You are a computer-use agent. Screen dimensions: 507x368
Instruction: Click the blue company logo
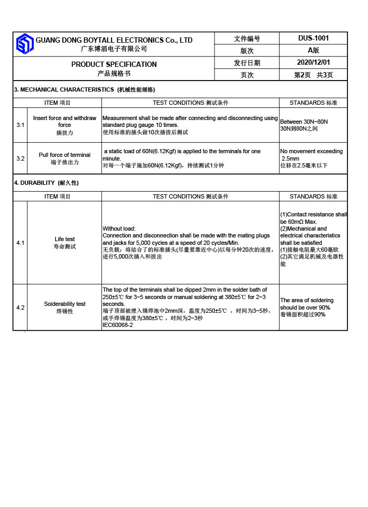click(24, 44)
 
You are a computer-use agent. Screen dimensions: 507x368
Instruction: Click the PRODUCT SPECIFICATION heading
click(114, 65)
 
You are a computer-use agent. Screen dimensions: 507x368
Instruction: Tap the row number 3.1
click(20, 125)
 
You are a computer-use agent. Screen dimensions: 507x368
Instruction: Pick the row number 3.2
click(20, 158)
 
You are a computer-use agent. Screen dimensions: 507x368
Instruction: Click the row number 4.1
click(20, 243)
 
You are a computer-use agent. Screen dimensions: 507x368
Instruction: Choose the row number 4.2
click(20, 307)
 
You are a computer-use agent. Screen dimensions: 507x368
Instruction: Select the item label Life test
click(65, 240)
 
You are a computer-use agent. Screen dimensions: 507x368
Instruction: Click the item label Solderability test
click(65, 304)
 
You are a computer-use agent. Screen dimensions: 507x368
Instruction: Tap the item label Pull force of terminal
click(65, 155)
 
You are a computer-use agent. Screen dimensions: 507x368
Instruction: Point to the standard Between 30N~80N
click(304, 122)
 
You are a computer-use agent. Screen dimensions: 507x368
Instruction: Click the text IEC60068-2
click(118, 325)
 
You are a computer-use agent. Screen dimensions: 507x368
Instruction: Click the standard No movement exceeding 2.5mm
click(311, 155)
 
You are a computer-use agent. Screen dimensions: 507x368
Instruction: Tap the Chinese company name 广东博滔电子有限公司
click(114, 49)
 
